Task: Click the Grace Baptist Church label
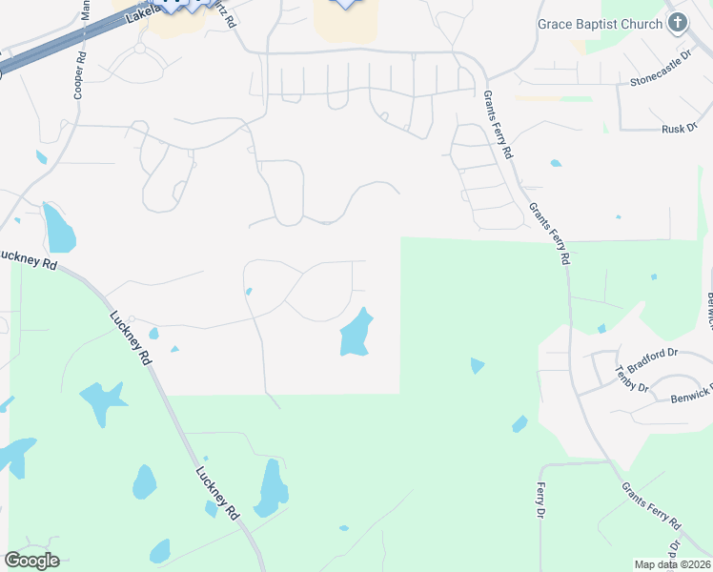coord(599,23)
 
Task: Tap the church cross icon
coord(679,22)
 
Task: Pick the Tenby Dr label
coord(632,379)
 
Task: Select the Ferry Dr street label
coord(540,500)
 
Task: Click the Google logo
coord(31,561)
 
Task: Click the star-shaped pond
coord(104,400)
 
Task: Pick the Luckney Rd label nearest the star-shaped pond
coord(131,338)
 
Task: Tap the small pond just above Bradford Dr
coord(601,329)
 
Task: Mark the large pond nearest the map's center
coord(356,335)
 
